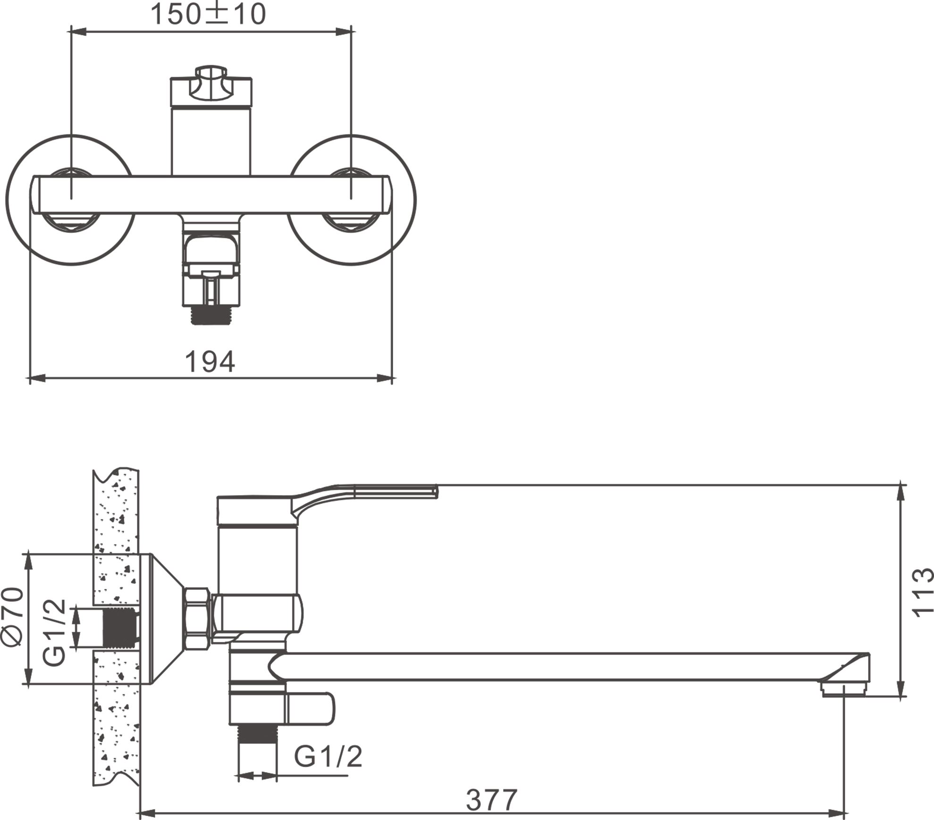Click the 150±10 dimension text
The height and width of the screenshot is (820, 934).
[x=208, y=14]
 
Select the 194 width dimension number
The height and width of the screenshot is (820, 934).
[x=210, y=362]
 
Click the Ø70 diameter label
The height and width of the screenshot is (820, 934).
[x=13, y=616]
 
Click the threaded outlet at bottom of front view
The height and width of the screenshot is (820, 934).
[x=210, y=314]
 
